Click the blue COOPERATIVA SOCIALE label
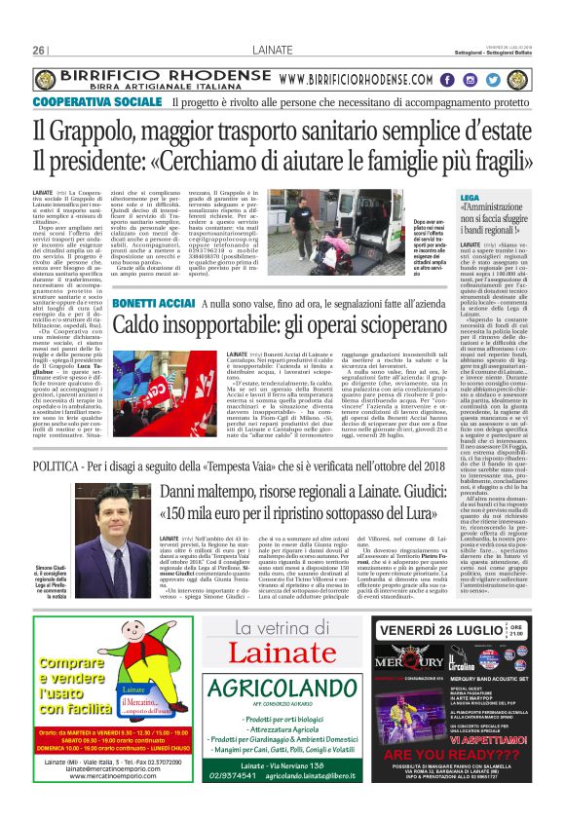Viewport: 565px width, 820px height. (97, 102)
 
